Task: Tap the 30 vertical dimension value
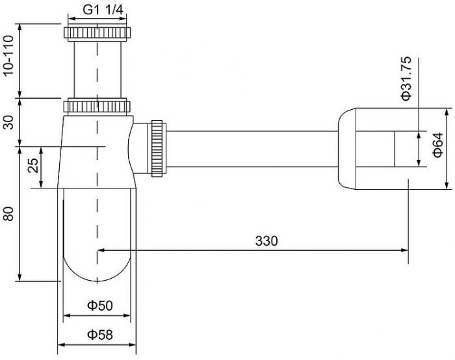(9, 122)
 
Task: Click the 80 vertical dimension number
(9, 214)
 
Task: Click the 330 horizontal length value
(266, 240)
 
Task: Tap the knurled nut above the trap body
(98, 106)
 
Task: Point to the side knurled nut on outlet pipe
(158, 148)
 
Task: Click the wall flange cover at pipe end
(364, 148)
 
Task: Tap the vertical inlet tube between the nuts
(97, 68)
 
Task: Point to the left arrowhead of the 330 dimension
(101, 249)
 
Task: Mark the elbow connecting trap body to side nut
(139, 148)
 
